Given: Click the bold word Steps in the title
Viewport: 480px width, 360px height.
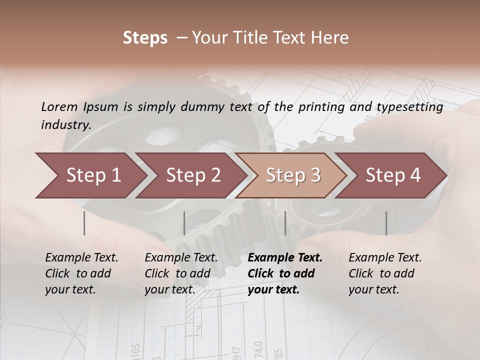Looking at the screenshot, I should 145,38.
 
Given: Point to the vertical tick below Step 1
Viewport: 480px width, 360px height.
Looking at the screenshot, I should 84,223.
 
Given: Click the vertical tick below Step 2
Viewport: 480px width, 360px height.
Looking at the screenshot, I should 184,223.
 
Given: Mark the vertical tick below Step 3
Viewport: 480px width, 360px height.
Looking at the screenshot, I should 285,223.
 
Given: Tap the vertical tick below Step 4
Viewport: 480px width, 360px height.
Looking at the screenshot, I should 386,223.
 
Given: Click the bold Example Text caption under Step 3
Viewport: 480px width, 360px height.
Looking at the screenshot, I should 285,273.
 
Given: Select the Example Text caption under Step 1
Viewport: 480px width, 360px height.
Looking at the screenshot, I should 81,273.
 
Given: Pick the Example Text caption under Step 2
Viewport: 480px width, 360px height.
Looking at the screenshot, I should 181,273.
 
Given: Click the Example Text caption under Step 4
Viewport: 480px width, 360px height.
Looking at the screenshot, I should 385,273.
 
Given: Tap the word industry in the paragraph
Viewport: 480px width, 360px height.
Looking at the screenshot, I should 65,125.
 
